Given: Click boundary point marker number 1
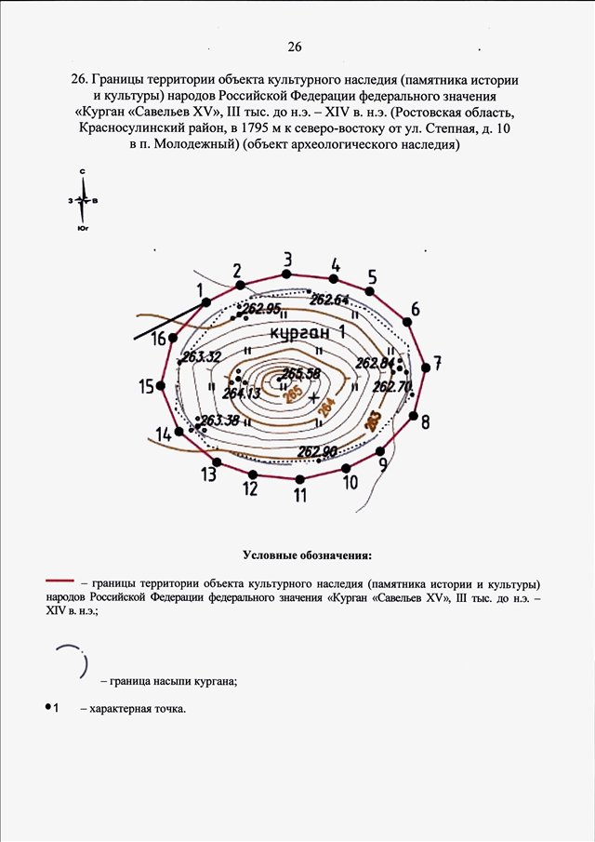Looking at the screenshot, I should (205, 301).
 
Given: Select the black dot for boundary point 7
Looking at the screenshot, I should (426, 368).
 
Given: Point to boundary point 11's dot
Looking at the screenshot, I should (299, 478).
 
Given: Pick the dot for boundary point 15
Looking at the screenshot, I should (162, 385).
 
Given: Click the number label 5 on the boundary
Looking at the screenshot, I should (372, 276).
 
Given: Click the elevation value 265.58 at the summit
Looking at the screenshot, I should (300, 373).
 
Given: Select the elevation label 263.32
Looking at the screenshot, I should (202, 356).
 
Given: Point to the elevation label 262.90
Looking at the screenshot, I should (317, 452).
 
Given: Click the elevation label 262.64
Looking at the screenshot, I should (330, 300).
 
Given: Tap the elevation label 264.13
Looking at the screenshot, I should (242, 394).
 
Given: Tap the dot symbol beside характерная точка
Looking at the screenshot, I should (46, 708).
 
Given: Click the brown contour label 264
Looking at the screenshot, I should (325, 407).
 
